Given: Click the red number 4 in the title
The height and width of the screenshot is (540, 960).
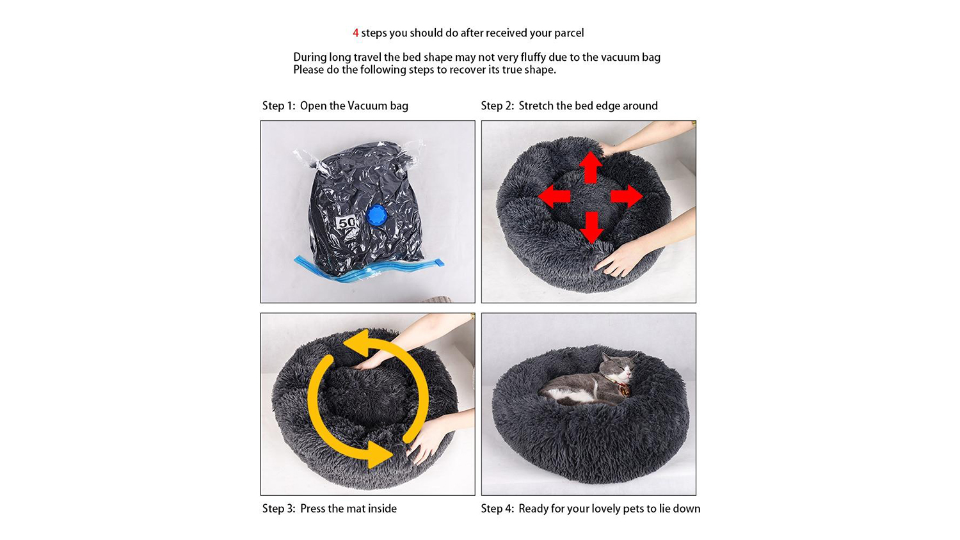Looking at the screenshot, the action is pos(356,33).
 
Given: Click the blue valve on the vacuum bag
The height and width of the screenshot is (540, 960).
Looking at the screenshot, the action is pos(377,216).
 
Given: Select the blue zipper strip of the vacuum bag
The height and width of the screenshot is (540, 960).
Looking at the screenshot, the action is pos(369,269).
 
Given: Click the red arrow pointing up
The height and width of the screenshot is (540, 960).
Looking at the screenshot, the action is pos(591,167).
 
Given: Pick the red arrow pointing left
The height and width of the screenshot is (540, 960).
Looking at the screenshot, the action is pos(554,196).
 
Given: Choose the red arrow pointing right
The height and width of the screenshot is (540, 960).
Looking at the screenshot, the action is pos(627,196).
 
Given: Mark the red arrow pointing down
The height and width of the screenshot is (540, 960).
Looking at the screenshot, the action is pos(592,228).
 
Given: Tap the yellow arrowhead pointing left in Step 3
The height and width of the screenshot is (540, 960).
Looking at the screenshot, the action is pos(356,342).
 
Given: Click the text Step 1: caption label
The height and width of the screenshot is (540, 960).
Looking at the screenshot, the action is pos(279,106).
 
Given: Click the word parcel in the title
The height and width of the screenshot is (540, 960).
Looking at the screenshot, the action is pos(569,33).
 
